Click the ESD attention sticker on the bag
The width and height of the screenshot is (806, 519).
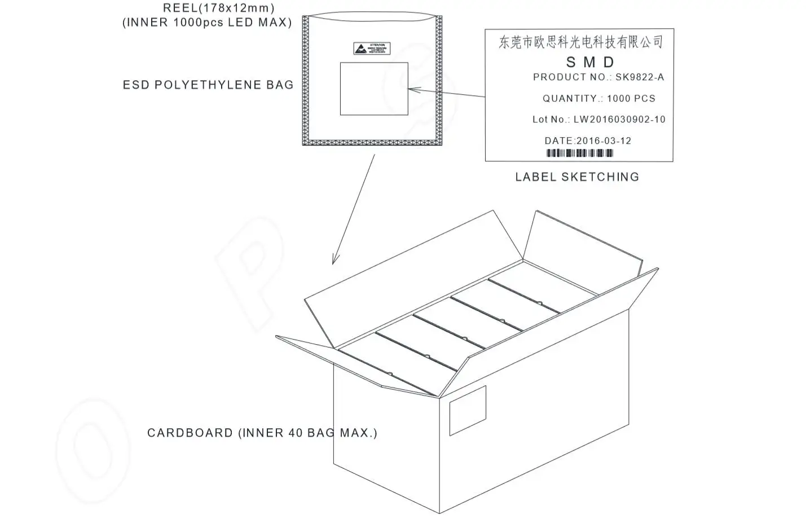tap(372, 49)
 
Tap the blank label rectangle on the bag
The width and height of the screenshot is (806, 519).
tap(373, 89)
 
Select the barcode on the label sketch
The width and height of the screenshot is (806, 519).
tap(579, 153)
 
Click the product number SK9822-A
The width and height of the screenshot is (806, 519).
tap(639, 77)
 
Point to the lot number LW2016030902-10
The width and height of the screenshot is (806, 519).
tap(619, 120)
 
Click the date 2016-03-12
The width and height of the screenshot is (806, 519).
tap(604, 141)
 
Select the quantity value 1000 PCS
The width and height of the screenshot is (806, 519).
tap(631, 99)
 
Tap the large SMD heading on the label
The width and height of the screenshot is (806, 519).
tap(590, 61)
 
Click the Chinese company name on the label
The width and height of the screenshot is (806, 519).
tap(580, 42)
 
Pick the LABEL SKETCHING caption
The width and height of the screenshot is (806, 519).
tap(577, 177)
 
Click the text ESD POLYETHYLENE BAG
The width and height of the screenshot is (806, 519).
tap(208, 85)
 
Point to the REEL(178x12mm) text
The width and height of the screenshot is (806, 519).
tap(218, 8)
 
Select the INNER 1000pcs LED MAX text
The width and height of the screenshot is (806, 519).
tap(207, 23)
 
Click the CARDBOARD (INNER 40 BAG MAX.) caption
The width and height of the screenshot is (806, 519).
tap(262, 433)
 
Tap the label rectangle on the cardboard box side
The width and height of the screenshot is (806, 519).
tap(467, 411)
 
